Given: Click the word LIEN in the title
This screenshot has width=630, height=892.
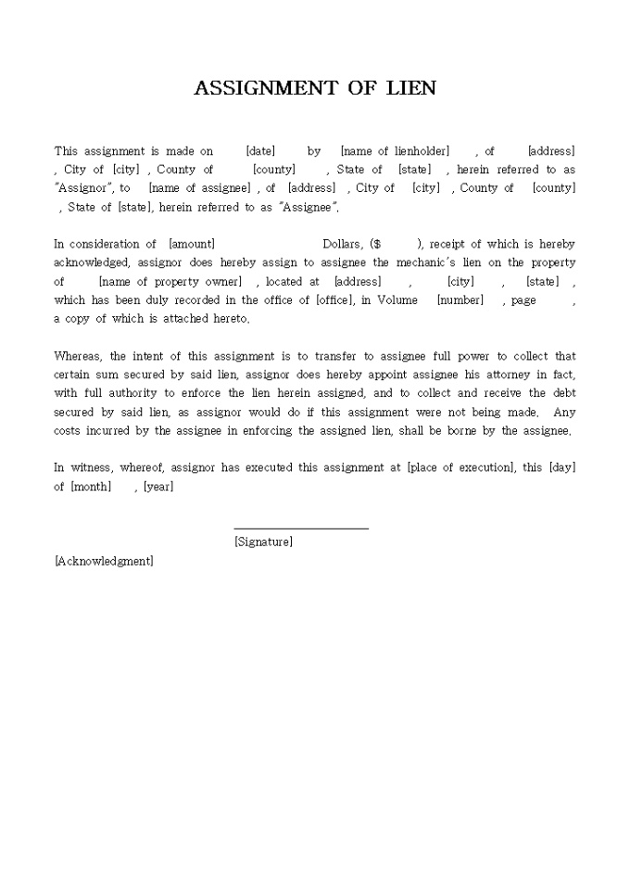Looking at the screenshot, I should [x=405, y=88].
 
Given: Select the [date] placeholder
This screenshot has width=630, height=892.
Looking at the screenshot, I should [x=260, y=151].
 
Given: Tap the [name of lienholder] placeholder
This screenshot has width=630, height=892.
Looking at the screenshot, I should [x=395, y=151].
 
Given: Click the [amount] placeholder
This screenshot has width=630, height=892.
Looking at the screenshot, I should [x=192, y=244].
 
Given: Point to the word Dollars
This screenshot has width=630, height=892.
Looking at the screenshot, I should [x=342, y=244].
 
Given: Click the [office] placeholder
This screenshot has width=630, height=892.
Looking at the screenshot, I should [x=334, y=300].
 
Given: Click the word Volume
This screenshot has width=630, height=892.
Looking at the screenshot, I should [x=397, y=300].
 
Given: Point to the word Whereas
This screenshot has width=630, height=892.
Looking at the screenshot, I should [x=79, y=356].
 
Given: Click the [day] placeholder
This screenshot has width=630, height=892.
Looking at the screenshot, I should [x=561, y=468].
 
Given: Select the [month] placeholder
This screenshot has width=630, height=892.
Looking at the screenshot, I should [x=91, y=487].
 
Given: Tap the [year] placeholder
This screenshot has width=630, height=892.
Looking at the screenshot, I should [x=158, y=487].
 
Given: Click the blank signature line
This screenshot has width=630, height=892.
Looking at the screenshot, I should [x=301, y=528].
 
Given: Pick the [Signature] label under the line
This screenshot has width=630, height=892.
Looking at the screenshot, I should [x=263, y=542].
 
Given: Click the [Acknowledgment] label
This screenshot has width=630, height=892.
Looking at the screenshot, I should [x=104, y=561].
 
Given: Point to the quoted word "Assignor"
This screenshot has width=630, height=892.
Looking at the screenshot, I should [x=82, y=188].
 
